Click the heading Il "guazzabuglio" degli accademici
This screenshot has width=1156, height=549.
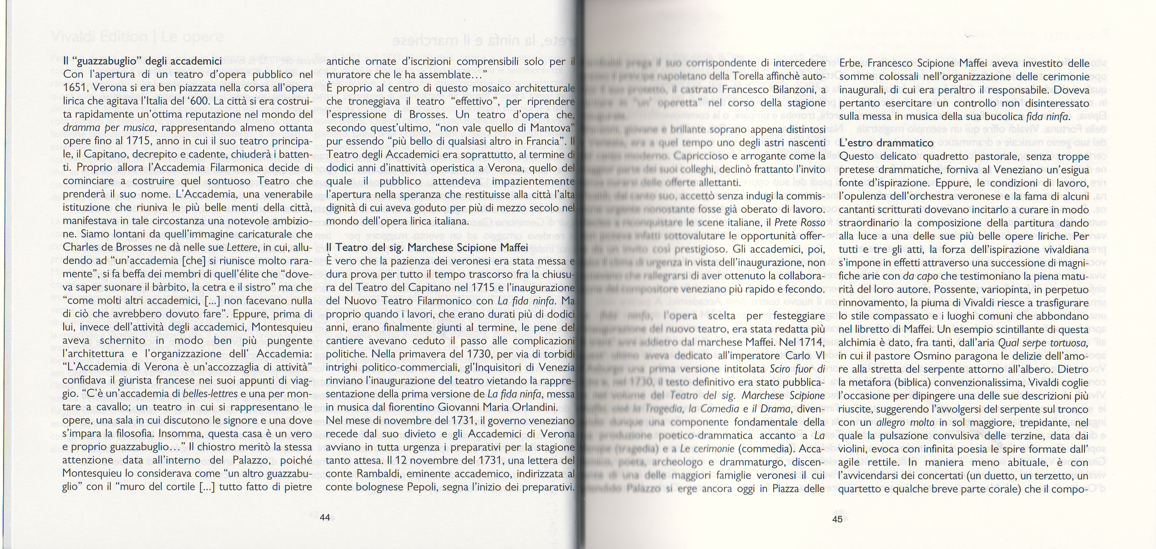142,61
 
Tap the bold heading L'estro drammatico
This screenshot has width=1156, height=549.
881,143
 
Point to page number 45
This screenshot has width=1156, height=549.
837,519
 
